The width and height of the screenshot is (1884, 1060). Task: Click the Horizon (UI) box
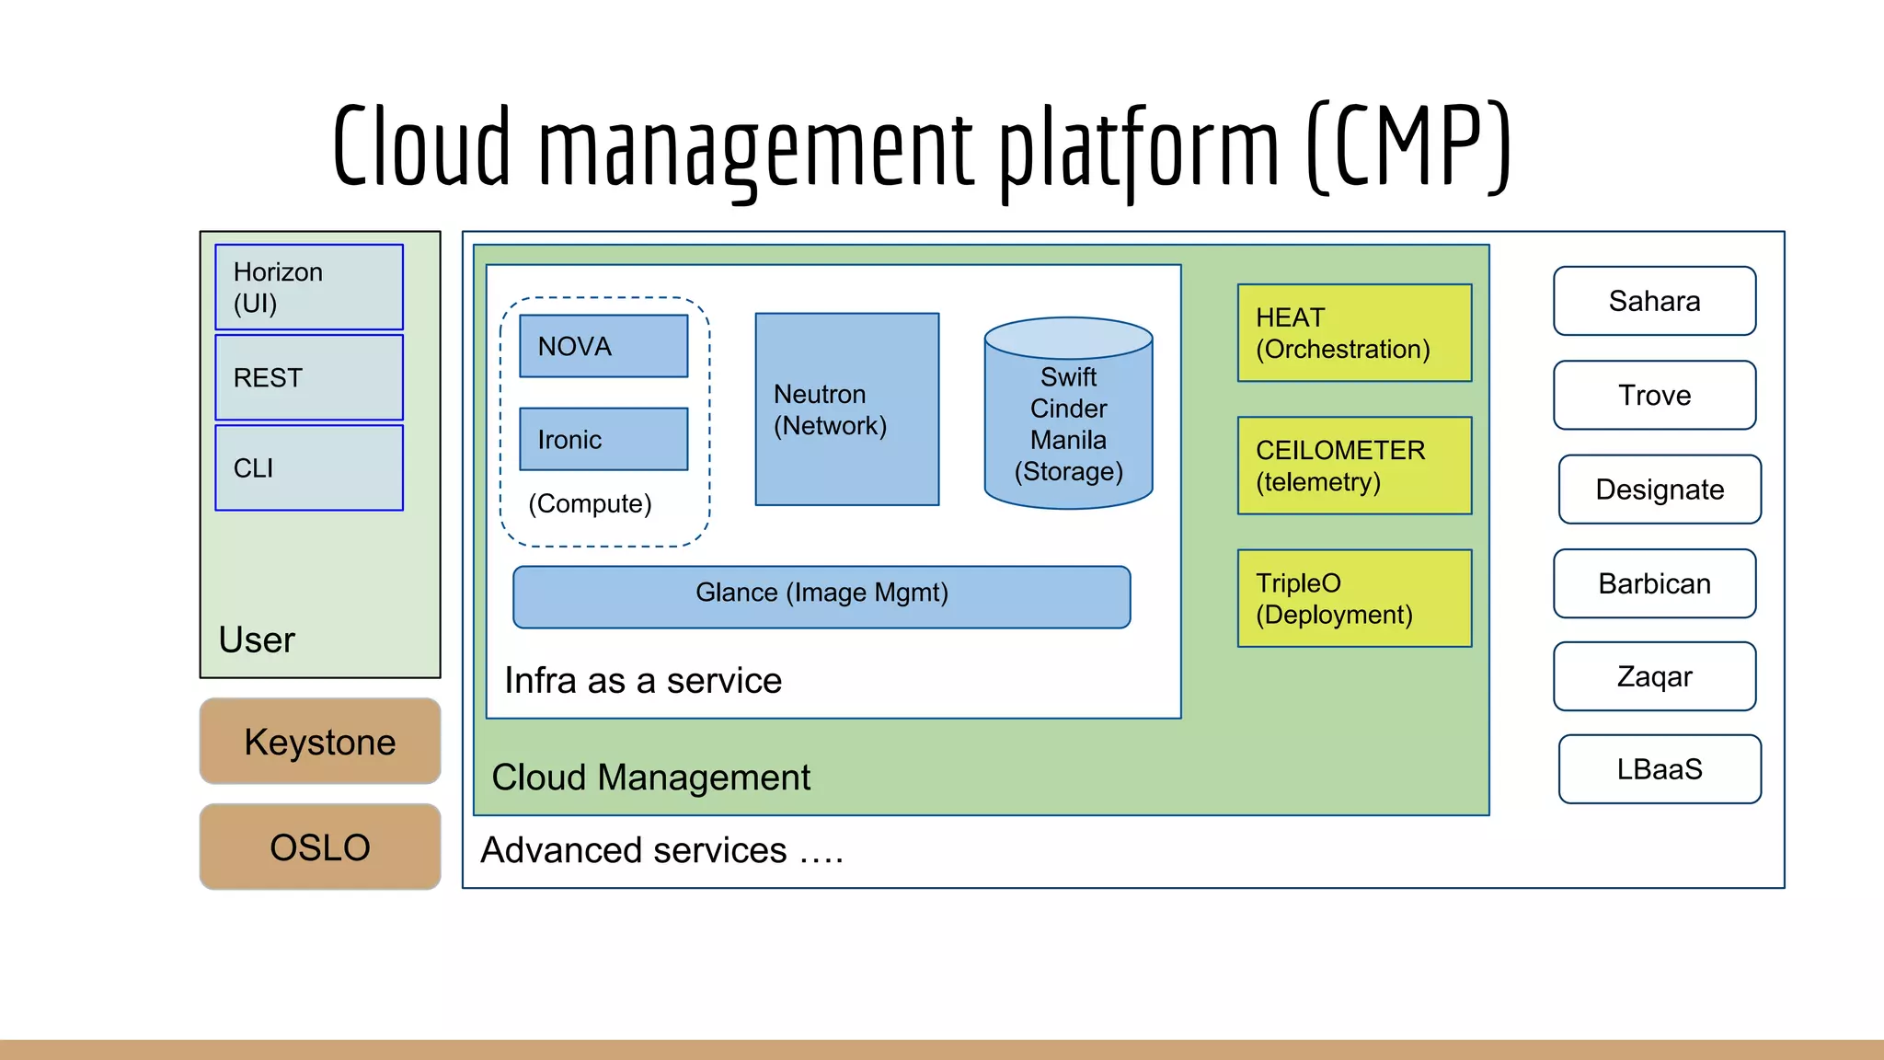tap(309, 287)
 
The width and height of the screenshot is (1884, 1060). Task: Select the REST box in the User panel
tap(309, 377)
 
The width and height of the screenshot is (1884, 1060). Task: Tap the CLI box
tap(309, 467)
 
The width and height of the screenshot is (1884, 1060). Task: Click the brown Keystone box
tap(319, 742)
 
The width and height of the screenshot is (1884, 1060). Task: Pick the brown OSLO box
tap(319, 847)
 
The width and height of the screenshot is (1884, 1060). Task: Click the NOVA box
tap(603, 346)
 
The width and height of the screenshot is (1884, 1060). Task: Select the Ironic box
tap(603, 439)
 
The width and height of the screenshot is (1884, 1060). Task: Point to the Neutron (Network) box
tap(846, 409)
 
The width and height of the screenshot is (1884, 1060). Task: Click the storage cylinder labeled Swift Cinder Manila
tap(1068, 423)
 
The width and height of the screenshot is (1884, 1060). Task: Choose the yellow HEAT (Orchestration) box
tap(1354, 333)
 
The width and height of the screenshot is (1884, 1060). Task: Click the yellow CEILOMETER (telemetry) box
tap(1354, 466)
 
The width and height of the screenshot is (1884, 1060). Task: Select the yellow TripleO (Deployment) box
tap(1354, 598)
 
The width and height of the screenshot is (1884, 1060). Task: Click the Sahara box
tap(1654, 301)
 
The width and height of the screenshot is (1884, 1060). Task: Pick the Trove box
tap(1654, 395)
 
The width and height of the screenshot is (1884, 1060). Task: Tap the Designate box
tap(1660, 490)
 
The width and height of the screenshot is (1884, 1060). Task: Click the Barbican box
tap(1654, 583)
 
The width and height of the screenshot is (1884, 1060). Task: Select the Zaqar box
tap(1654, 676)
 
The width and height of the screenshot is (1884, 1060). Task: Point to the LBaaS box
tap(1660, 769)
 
